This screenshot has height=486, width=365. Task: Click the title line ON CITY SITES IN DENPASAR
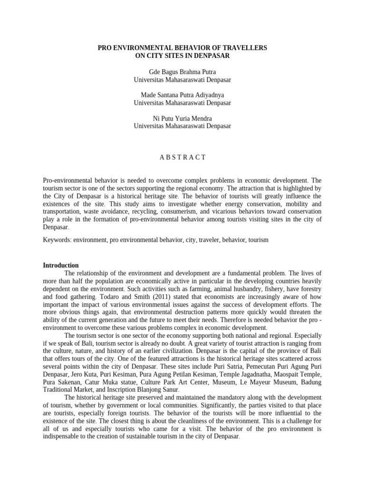click(182, 56)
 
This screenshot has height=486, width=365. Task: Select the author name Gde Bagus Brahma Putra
click(182, 72)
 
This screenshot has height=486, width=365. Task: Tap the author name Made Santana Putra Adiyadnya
click(182, 95)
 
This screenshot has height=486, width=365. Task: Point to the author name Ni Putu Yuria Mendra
click(182, 118)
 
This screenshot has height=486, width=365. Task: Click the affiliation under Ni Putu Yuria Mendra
click(182, 126)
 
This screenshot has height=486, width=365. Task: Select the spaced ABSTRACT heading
click(182, 157)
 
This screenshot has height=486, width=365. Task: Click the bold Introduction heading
click(61, 265)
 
